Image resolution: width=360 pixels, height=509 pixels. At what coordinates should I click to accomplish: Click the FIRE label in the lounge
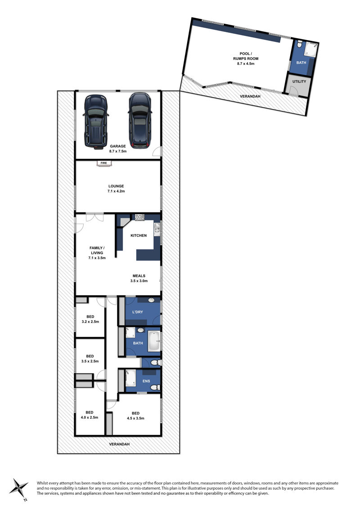[103, 163]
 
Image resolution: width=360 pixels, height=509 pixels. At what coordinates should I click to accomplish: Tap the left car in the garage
[96, 122]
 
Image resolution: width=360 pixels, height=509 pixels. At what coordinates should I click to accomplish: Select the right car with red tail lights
[139, 121]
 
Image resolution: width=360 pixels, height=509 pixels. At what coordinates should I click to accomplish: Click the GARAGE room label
[118, 146]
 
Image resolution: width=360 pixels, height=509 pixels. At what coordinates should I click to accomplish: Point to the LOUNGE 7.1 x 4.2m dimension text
[116, 191]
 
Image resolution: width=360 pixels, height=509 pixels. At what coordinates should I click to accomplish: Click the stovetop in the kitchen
[140, 217]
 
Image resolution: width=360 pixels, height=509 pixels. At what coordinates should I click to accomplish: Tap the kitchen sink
[157, 229]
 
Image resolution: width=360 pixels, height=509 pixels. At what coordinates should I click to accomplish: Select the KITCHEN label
[139, 235]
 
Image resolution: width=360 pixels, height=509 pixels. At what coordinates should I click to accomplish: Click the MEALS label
[139, 276]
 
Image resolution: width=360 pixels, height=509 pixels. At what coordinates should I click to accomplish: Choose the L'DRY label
[138, 312]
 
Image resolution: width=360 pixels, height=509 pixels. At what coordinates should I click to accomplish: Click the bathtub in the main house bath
[154, 341]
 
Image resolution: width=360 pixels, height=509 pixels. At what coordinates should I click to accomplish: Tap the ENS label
[146, 381]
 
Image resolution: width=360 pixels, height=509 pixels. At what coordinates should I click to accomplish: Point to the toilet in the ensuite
[156, 387]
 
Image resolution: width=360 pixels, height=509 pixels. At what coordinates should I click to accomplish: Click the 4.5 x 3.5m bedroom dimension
[136, 419]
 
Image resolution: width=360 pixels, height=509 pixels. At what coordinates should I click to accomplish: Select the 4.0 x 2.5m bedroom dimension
[90, 418]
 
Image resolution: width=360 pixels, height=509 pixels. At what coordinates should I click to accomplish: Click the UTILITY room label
[299, 81]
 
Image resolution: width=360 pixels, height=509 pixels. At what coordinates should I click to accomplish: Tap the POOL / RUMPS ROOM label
[245, 56]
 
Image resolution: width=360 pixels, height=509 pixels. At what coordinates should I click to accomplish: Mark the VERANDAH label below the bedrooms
[119, 444]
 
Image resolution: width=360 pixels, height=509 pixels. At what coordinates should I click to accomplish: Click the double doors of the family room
[95, 217]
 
